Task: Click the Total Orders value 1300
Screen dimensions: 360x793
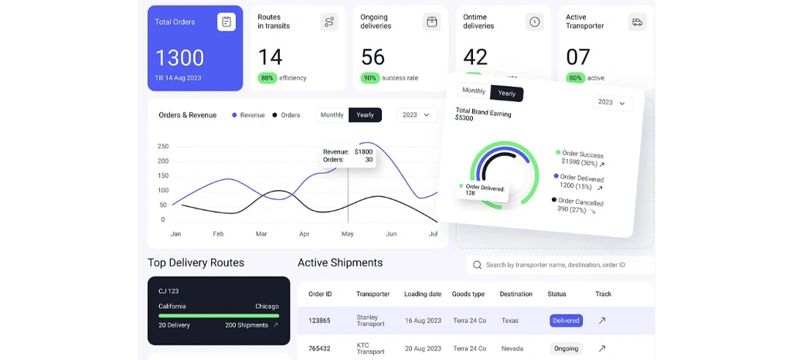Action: point(179,57)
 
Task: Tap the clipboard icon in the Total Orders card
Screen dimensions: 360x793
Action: point(226,22)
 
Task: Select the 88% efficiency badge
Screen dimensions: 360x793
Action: point(267,78)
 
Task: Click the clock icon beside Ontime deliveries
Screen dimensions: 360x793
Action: point(534,22)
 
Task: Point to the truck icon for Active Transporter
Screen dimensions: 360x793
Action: point(637,22)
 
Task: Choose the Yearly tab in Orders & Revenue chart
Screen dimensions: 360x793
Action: point(365,115)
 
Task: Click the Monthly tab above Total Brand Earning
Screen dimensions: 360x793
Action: point(473,90)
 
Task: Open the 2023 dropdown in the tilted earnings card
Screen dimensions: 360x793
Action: point(612,102)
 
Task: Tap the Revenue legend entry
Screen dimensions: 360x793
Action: point(248,115)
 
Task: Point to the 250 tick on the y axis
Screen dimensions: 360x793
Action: point(162,146)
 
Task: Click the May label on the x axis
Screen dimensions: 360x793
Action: point(348,233)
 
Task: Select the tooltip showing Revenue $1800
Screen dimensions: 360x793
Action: point(347,156)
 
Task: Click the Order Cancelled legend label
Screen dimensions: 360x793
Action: point(580,202)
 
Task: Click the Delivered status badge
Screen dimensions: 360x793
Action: point(566,320)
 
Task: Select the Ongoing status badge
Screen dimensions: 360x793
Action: point(566,348)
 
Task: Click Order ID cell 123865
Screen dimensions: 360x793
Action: point(320,320)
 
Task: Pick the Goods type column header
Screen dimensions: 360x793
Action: point(468,294)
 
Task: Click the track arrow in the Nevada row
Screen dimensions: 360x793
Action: point(602,348)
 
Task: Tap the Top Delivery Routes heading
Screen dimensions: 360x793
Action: point(196,263)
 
